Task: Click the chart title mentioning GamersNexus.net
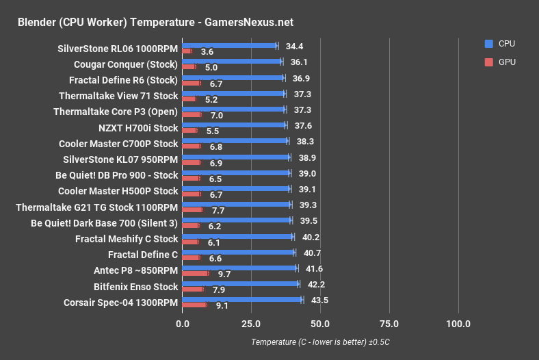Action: [x=156, y=23]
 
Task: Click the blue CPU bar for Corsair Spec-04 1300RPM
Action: [x=242, y=299]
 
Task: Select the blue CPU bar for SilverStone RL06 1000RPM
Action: [x=229, y=46]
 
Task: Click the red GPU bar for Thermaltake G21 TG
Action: [x=192, y=209]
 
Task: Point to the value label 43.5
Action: [x=319, y=300]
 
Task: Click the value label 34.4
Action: [x=294, y=46]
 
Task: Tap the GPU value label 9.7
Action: [x=224, y=274]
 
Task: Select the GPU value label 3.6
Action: [x=207, y=52]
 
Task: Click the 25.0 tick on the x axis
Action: [x=251, y=324]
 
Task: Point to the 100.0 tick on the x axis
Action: [x=458, y=324]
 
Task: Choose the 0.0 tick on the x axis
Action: [x=182, y=324]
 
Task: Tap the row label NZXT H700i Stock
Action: [x=138, y=128]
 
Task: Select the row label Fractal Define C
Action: [x=143, y=255]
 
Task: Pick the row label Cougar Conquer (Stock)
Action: [x=126, y=65]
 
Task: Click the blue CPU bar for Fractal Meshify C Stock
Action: [x=237, y=236]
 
